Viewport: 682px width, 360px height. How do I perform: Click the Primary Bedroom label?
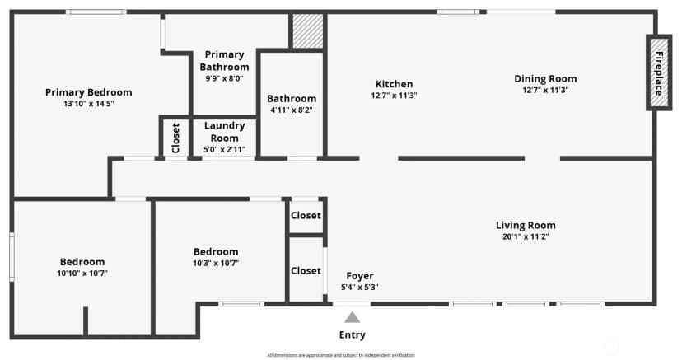89,92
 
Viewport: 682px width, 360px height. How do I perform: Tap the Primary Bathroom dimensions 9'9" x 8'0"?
224,79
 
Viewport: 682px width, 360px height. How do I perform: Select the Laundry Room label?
224,132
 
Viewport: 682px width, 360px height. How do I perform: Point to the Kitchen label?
394,84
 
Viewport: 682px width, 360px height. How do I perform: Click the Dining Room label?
545,79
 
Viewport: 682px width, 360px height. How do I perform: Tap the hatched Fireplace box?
659,73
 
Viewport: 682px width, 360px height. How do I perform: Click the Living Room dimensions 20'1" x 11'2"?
526,237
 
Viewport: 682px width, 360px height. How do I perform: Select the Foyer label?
360,276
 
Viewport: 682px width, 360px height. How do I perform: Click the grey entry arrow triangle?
353,317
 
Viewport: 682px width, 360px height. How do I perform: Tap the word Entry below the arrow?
353,334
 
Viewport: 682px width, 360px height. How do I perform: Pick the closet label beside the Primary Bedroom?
175,138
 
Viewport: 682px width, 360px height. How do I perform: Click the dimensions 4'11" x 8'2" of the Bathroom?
292,110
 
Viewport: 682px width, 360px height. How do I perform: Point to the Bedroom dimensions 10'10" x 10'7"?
82,274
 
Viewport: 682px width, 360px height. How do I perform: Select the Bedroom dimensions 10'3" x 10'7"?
216,263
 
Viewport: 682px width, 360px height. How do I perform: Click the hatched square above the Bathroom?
308,30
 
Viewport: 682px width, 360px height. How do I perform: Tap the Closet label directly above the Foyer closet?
306,216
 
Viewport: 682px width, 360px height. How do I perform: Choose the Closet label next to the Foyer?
306,271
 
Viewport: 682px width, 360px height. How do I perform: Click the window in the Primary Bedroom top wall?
96,12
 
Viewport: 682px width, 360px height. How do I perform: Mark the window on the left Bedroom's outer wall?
12,257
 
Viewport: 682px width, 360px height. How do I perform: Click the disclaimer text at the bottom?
340,355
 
